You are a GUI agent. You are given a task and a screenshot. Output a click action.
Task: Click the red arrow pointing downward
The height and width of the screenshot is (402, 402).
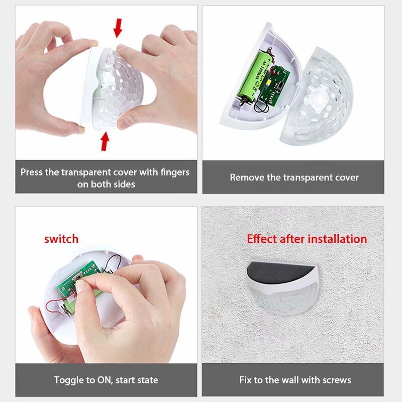click(x=118, y=28)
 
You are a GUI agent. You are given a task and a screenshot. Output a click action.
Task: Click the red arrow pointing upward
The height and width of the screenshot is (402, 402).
click(x=105, y=141)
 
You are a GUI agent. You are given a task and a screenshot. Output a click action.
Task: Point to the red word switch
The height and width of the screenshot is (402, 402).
click(x=61, y=239)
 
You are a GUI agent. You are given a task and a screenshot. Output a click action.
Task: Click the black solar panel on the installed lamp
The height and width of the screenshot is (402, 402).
click(x=279, y=270)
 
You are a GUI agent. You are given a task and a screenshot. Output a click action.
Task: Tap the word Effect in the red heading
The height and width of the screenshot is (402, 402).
click(x=262, y=239)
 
